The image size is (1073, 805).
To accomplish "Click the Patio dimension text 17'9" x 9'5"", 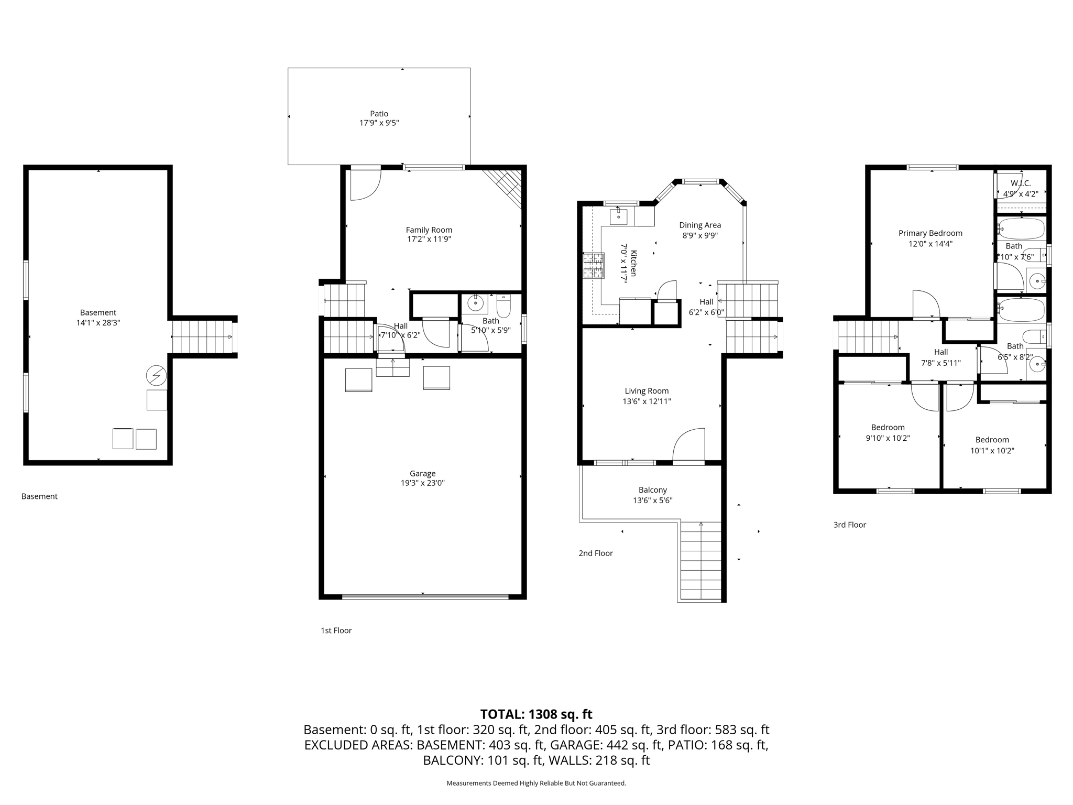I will (x=379, y=123).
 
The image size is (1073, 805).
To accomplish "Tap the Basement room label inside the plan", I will (x=98, y=313).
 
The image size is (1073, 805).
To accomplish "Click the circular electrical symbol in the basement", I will (x=156, y=375).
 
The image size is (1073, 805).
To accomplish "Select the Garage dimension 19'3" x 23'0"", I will (x=422, y=483).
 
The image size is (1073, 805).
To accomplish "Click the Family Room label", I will (x=429, y=230).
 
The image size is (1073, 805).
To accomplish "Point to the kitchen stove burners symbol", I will (x=594, y=265).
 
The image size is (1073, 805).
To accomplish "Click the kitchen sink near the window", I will (x=619, y=215).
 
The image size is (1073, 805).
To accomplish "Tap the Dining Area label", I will (x=699, y=225).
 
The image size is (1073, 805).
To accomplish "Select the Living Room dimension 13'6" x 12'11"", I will (x=647, y=401).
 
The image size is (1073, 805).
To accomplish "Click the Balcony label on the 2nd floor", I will (x=652, y=490).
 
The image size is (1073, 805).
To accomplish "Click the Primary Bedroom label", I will (x=930, y=233).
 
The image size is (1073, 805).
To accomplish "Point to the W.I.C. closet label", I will (x=1021, y=183).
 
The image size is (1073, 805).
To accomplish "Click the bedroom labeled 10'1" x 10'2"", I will (x=992, y=445).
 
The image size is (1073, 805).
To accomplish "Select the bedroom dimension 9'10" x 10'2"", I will (x=888, y=438).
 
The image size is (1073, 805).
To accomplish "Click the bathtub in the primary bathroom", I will (x=1022, y=229).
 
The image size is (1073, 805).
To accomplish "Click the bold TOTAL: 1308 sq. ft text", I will (x=536, y=714).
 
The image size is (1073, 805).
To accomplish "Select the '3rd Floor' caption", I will (x=849, y=525).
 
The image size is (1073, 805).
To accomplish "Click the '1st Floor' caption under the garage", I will (x=336, y=630).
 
